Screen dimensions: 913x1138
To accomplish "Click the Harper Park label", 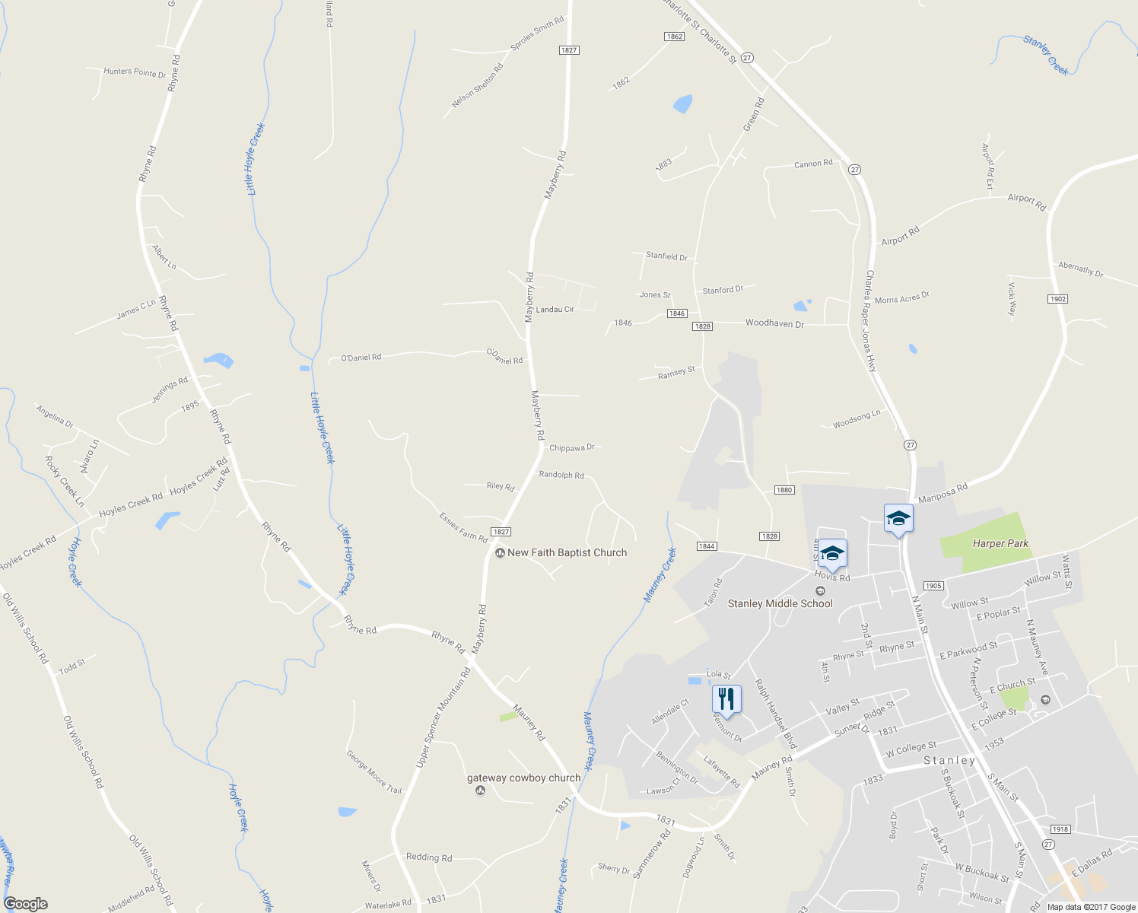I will click(1000, 543).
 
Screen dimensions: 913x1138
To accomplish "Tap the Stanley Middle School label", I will click(780, 603).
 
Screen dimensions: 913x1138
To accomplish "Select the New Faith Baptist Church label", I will click(567, 553).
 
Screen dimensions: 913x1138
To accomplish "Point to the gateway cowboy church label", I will click(523, 778).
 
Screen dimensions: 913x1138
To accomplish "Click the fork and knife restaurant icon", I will click(726, 698).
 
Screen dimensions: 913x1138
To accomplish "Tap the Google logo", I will click(26, 904).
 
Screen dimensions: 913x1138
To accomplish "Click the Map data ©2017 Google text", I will click(1091, 907).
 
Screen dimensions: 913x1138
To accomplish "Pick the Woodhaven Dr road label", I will click(774, 323).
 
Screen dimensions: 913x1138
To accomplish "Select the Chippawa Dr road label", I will click(571, 448).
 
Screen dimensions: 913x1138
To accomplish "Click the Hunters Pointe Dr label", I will click(135, 72).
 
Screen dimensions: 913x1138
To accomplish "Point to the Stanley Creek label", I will click(1046, 55).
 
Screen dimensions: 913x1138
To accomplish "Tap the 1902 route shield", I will click(1058, 299).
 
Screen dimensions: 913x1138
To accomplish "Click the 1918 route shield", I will click(1060, 829).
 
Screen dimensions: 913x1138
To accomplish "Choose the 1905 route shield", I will click(933, 586).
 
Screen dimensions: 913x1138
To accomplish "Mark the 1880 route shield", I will click(784, 490).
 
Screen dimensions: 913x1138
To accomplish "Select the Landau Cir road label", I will click(555, 310).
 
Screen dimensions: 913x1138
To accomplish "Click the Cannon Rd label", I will click(813, 164).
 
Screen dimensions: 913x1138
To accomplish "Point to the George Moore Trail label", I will click(374, 771).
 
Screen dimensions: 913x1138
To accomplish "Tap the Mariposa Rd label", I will click(943, 493).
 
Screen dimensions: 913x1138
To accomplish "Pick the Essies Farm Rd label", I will click(463, 526).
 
